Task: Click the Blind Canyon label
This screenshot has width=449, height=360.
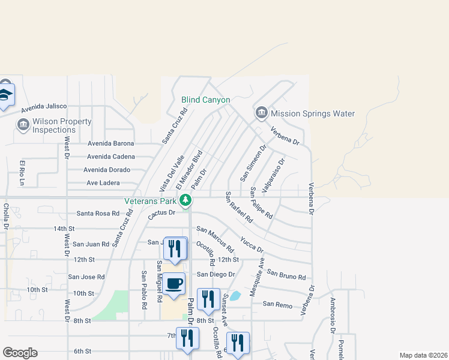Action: click(206, 100)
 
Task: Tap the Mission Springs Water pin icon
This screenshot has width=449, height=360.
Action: click(261, 113)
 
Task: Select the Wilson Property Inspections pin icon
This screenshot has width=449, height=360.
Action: click(23, 125)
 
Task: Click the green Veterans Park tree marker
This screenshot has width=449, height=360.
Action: click(186, 200)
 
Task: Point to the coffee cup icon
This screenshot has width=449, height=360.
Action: click(174, 283)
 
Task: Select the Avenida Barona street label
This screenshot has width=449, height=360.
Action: click(111, 143)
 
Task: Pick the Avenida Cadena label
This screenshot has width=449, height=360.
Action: click(111, 157)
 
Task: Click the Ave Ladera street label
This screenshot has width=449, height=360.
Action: click(103, 183)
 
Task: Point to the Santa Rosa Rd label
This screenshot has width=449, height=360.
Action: click(98, 214)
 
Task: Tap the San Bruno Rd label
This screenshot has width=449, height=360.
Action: click(286, 275)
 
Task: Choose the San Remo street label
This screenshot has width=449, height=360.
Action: click(277, 305)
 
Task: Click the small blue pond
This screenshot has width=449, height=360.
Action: click(235, 296)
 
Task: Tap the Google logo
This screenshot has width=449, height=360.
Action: click(20, 353)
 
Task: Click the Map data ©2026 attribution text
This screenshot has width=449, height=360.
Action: click(423, 355)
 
